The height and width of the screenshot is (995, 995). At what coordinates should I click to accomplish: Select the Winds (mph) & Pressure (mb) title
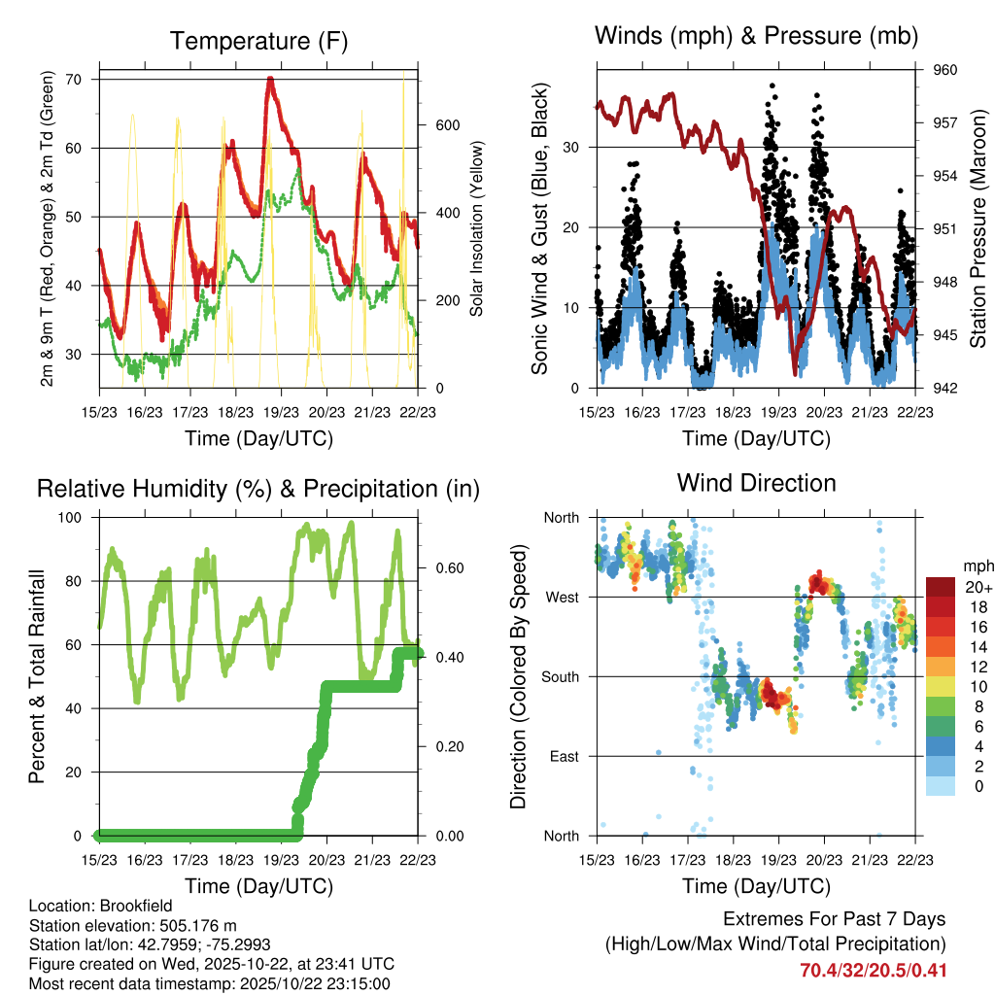[756, 36]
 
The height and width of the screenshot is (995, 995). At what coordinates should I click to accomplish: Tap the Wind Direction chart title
[756, 482]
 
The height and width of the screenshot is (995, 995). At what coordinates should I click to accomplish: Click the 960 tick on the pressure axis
[944, 70]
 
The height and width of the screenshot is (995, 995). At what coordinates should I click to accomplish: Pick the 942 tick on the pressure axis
[944, 389]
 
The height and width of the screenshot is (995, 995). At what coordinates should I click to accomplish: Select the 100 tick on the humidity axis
[73, 518]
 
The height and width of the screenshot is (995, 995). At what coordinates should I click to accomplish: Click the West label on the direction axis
[561, 598]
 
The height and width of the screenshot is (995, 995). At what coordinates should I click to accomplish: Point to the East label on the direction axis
[563, 757]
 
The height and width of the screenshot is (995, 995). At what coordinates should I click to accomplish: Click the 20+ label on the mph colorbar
[977, 588]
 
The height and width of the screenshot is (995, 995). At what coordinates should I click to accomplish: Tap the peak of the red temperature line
[270, 78]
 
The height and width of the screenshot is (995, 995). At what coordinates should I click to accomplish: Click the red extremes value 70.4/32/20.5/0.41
[873, 971]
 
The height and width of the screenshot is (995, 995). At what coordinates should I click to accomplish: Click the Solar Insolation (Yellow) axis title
[477, 229]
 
